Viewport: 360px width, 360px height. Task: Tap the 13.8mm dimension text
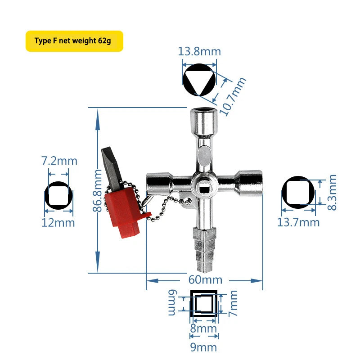pos(199,51)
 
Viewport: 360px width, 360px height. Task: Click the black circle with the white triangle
pos(199,81)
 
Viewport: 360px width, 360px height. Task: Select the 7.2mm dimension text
pos(59,161)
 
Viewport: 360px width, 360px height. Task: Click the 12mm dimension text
pos(58,222)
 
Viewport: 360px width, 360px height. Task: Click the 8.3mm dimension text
pos(332,193)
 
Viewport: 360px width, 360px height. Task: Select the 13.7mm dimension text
pos(298,222)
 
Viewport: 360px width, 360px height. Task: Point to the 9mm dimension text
pos(204,347)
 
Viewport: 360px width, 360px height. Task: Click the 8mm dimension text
pos(203,328)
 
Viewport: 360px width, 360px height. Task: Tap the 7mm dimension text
pos(233,303)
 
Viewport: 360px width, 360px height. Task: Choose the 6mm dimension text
pos(173,303)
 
